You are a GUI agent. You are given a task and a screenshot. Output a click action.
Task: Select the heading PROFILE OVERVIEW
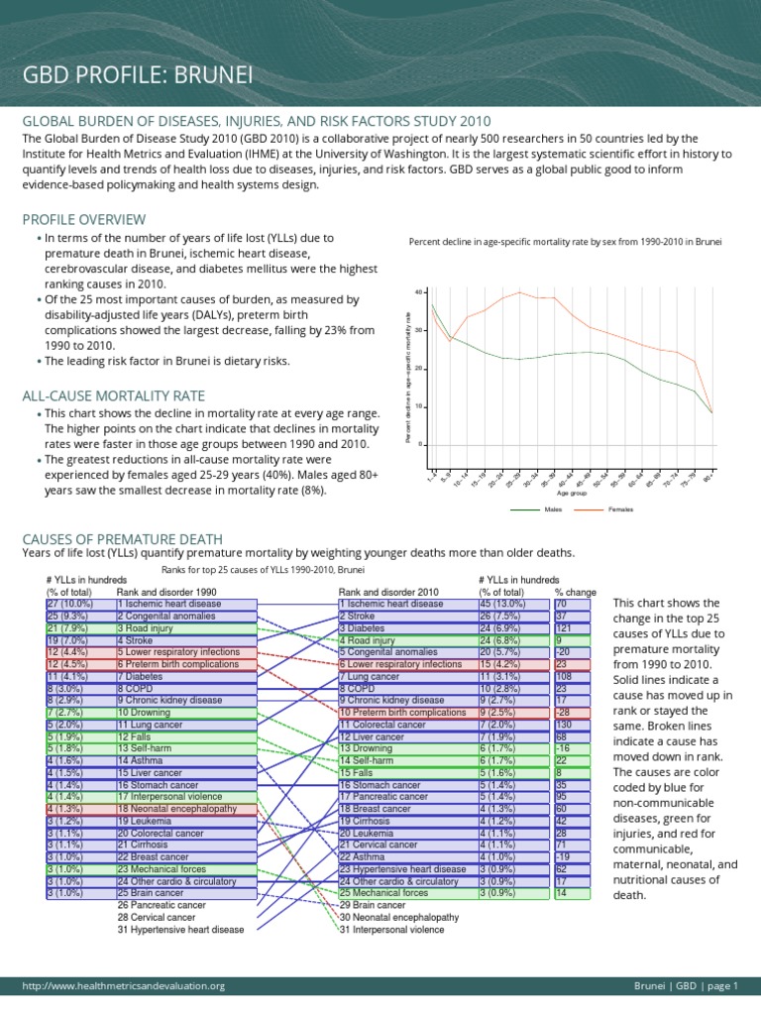[x=78, y=218]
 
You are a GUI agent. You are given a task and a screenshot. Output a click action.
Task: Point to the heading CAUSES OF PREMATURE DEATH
[x=122, y=538]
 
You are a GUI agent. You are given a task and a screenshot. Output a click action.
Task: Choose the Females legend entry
[x=620, y=509]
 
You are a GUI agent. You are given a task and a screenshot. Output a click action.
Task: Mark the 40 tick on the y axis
[x=420, y=291]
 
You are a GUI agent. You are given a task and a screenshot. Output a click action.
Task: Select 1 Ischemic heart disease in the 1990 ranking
[x=169, y=604]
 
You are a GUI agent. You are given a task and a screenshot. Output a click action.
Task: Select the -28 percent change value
[x=564, y=712]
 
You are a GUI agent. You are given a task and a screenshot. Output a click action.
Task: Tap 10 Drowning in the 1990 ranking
[x=146, y=712]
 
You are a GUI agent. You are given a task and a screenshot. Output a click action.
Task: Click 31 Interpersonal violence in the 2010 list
[x=392, y=930]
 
